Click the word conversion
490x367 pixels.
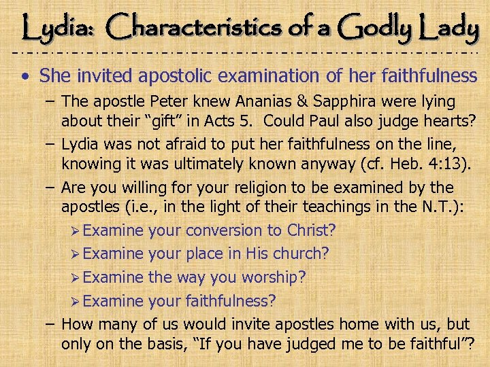pos(221,231)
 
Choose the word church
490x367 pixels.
pos(301,254)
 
